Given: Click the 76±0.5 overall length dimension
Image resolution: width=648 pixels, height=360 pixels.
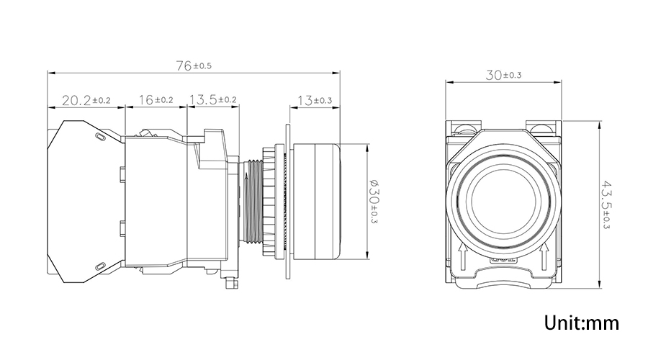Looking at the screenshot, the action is pos(194,66).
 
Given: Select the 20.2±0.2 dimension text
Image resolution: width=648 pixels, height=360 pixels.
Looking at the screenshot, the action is pos(86,100).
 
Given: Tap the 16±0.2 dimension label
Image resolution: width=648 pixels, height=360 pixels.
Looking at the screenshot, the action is pos(156,99).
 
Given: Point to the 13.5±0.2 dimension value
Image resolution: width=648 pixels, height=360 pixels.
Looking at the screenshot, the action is pos(213,99).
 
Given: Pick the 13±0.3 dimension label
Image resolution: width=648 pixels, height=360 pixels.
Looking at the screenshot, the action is pos(315,100).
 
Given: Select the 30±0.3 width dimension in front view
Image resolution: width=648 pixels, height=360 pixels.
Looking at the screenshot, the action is pos(503,75).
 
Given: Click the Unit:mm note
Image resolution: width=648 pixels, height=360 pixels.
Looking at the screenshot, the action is pos(582,323).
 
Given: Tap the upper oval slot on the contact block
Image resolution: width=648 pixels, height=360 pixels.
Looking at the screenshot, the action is pos(99,137).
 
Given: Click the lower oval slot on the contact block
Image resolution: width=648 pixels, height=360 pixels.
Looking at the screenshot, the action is pos(99,266).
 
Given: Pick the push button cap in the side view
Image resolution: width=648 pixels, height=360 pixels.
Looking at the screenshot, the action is pos(316,202).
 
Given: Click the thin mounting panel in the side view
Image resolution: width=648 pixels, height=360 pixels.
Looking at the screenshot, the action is pos(288,202).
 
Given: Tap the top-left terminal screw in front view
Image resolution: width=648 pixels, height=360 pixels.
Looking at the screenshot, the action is pos(464,127).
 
